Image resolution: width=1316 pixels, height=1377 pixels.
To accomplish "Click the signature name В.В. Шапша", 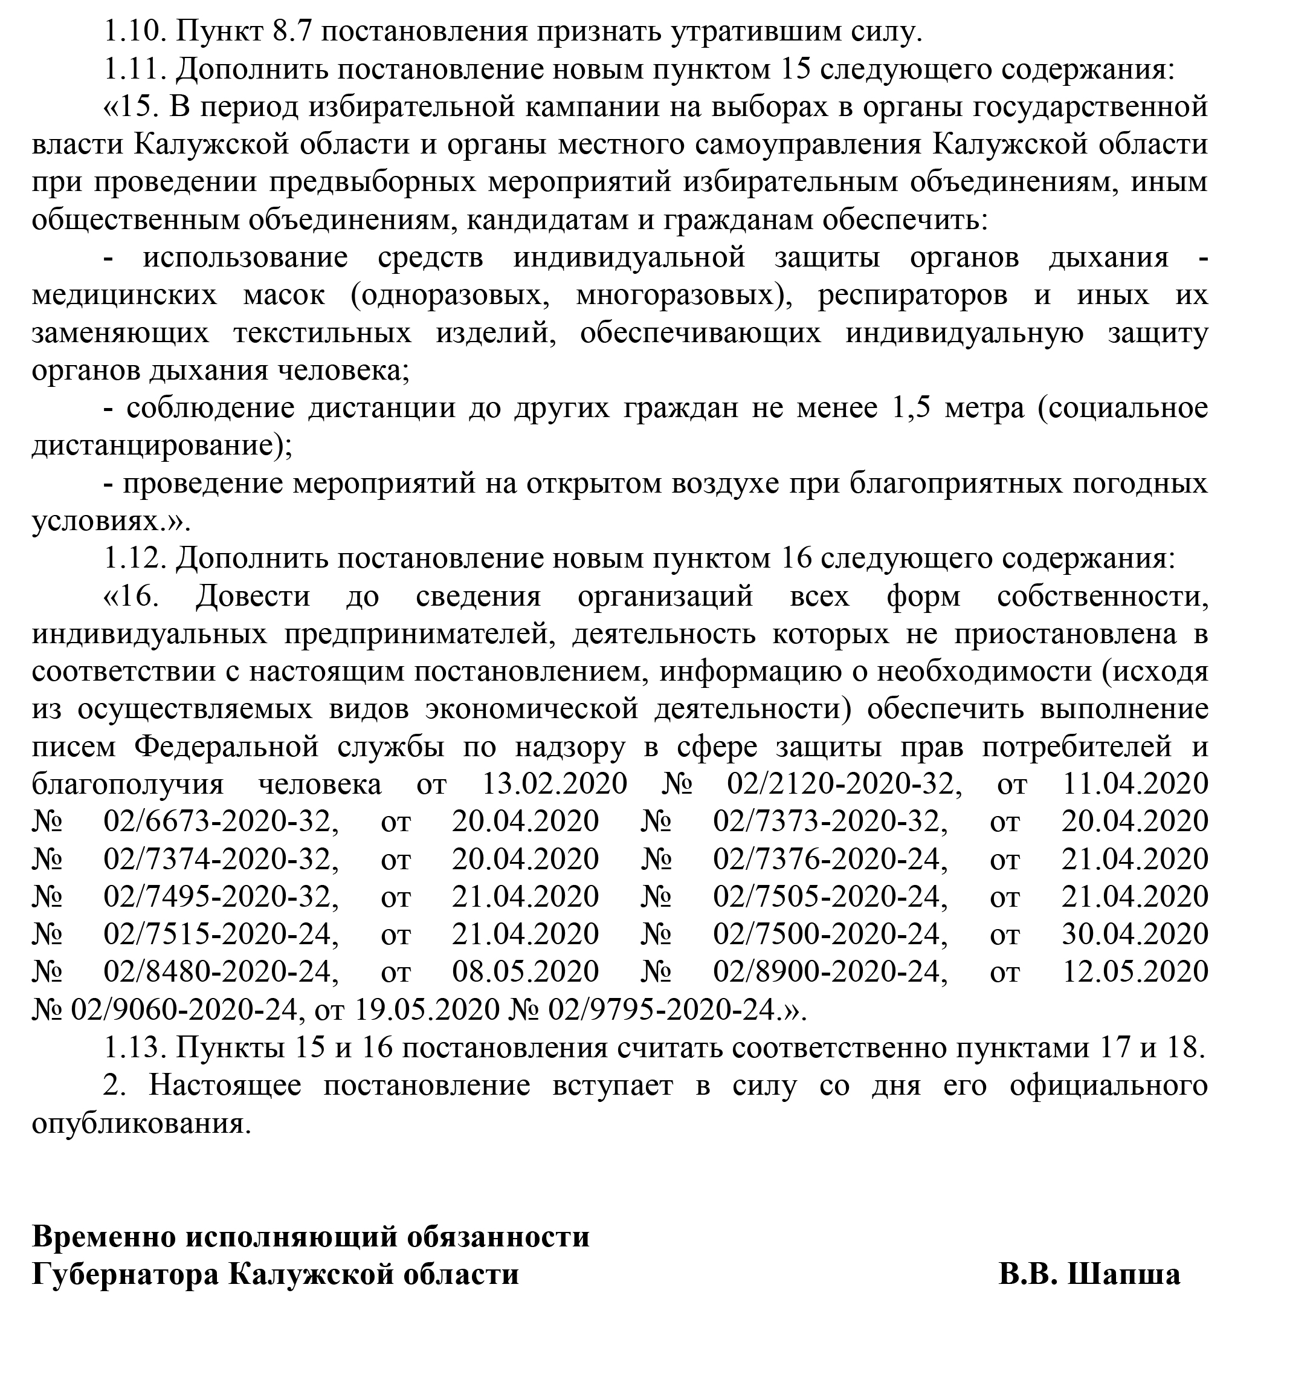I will pyautogui.click(x=1089, y=1274).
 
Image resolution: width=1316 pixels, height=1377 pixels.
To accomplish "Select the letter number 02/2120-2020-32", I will pyautogui.click(x=842, y=784).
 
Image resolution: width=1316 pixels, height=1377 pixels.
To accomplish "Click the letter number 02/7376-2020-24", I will pyautogui.click(x=830, y=860).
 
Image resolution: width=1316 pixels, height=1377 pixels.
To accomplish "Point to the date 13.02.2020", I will pyautogui.click(x=554, y=784).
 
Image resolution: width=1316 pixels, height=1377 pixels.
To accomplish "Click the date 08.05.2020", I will pyautogui.click(x=524, y=972).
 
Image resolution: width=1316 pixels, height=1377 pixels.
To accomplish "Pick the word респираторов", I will pyautogui.click(x=912, y=296).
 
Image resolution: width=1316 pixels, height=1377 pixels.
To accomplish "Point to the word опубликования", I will pyautogui.click(x=140, y=1124).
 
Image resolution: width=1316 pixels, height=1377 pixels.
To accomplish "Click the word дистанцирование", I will pyautogui.click(x=161, y=445).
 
